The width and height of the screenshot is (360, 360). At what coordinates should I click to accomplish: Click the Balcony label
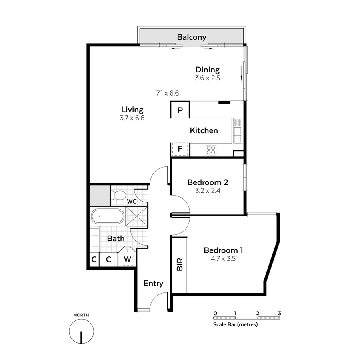192,37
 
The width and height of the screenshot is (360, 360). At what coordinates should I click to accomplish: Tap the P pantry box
180,110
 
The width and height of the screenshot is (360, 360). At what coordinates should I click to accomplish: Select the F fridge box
180,150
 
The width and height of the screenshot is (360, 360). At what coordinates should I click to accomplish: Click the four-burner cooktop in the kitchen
211,150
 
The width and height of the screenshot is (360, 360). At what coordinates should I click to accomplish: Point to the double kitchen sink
238,130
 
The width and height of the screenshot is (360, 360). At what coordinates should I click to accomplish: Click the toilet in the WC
118,196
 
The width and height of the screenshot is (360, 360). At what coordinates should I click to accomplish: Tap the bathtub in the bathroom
107,217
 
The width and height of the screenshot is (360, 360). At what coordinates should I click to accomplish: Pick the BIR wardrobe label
180,264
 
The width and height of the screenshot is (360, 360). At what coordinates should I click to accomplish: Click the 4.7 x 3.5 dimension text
223,259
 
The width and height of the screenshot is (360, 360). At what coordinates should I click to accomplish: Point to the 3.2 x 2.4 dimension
208,191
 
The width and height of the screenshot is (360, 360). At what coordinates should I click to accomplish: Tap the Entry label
154,283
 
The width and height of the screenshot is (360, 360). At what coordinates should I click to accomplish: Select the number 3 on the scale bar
280,313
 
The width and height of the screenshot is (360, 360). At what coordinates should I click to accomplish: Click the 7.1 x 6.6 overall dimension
167,93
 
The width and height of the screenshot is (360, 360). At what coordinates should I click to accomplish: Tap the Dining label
208,70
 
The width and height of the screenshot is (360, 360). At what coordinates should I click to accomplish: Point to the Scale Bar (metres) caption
235,324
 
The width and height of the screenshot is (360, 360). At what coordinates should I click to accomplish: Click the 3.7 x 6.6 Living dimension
132,118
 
